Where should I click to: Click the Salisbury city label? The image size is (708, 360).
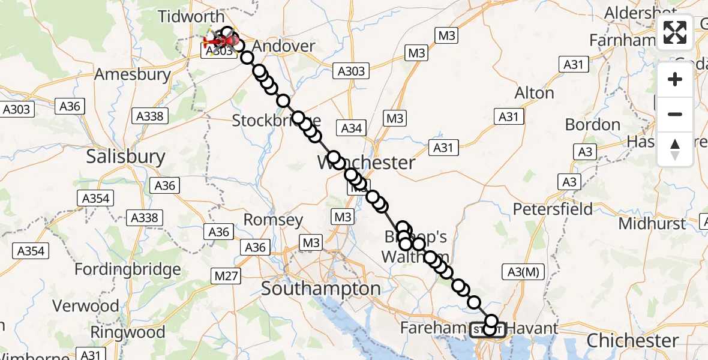click(125, 157)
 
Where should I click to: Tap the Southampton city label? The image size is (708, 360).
click(321, 289)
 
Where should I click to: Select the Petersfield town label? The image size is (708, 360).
click(553, 209)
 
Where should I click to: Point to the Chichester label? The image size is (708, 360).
click(633, 341)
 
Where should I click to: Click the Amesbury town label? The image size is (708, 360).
click(133, 76)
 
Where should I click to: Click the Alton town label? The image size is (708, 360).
click(534, 93)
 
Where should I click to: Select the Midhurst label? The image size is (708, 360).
click(652, 224)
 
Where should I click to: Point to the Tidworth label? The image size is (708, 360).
click(182, 16)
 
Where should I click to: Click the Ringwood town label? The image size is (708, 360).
click(128, 332)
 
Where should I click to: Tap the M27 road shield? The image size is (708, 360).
click(226, 276)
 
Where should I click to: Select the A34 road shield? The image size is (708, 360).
click(352, 127)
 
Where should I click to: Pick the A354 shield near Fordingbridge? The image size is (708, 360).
click(31, 251)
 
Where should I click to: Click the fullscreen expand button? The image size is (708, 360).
click(675, 33)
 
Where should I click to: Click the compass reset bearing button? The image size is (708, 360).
click(675, 149)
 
